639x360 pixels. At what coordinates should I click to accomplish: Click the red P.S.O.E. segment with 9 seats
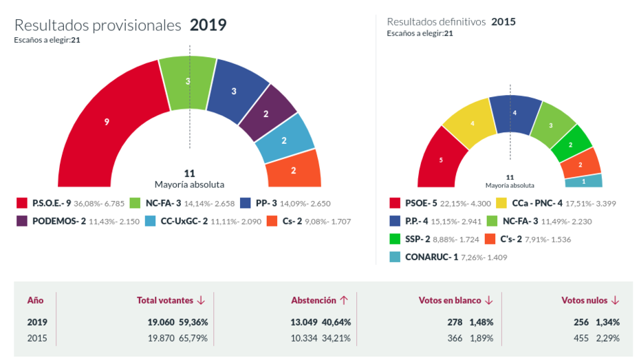(107, 122)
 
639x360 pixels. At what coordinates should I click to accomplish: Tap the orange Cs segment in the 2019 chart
(294, 169)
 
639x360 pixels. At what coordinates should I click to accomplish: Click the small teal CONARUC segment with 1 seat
(584, 181)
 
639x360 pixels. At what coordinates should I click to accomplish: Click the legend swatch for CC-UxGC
(151, 222)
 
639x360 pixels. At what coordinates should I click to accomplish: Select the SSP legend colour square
(395, 239)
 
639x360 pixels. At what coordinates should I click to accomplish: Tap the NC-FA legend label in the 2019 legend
(164, 203)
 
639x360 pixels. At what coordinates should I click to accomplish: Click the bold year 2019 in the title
(208, 25)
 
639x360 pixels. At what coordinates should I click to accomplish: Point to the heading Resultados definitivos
(436, 21)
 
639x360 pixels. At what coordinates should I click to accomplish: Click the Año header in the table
(35, 300)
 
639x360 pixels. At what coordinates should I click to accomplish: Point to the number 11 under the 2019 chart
(190, 173)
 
